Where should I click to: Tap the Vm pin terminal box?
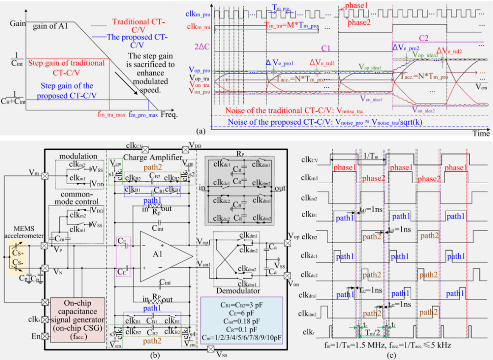(45, 174)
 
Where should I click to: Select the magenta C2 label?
(424, 38)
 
